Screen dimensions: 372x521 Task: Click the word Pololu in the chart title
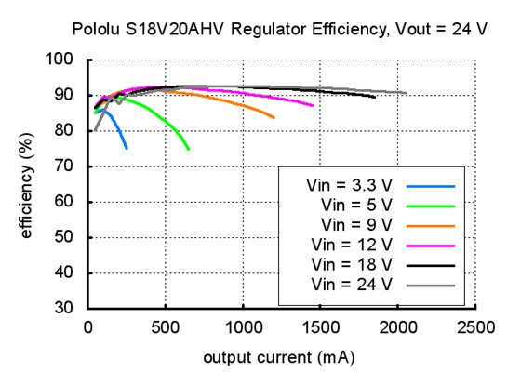point(95,29)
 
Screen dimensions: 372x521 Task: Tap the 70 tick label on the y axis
point(71,166)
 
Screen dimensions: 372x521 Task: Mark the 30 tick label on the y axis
point(71,308)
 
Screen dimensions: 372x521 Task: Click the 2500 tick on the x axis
point(475,327)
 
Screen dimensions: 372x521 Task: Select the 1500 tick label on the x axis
point(320,327)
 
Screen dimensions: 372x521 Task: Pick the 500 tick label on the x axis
point(166,327)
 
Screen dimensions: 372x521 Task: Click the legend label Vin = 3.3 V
point(350,183)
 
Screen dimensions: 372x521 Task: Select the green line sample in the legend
point(430,204)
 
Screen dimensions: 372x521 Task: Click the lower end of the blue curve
point(127,148)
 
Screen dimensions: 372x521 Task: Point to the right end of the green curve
point(189,149)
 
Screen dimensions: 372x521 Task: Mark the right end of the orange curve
point(274,118)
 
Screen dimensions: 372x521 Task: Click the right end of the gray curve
point(406,93)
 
